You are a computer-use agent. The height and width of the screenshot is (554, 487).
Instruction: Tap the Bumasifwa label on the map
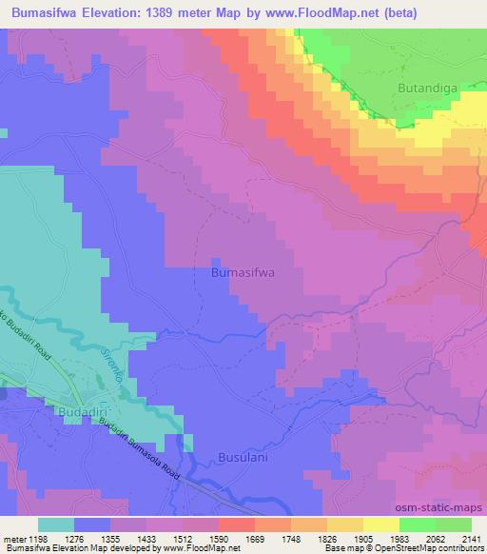click(242, 272)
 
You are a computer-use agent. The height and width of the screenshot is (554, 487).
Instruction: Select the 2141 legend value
click(471, 538)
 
